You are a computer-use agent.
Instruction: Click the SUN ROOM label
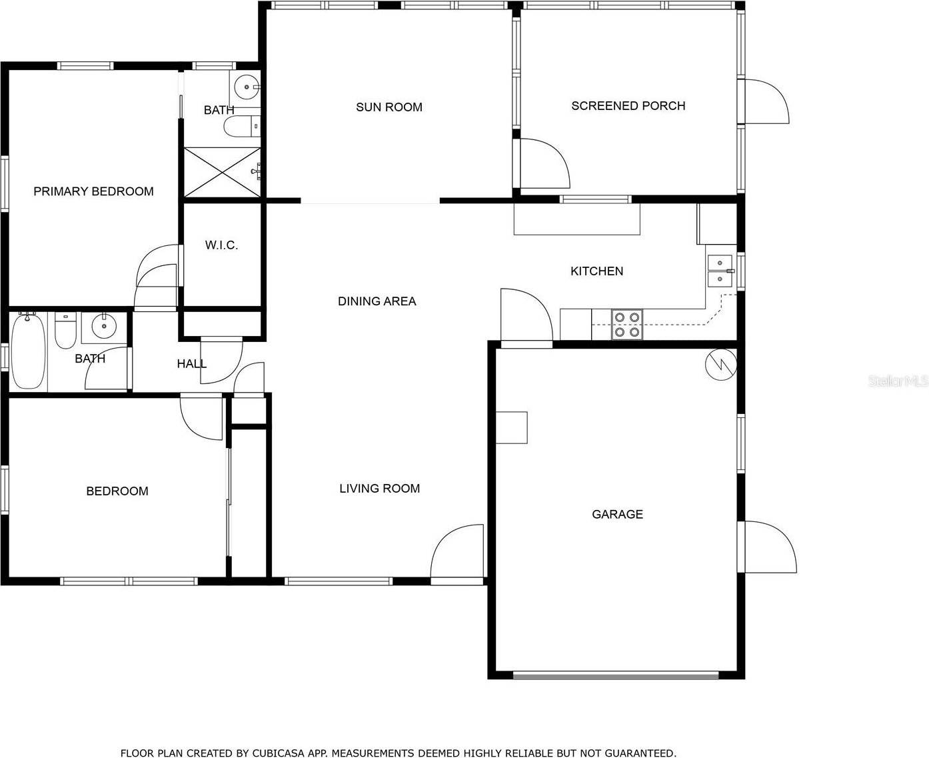[x=389, y=107]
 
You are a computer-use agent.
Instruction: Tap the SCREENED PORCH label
[x=628, y=106]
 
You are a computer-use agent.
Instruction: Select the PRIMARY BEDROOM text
[x=93, y=191]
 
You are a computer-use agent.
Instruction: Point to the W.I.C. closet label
[x=221, y=245]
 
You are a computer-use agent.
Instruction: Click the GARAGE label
[x=617, y=514]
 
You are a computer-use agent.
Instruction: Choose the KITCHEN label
[x=596, y=271]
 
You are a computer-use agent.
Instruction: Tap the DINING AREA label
[x=377, y=301]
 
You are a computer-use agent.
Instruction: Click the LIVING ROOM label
[x=379, y=489]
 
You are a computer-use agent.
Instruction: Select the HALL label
[x=191, y=364]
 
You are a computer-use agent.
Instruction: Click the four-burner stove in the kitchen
[x=626, y=325]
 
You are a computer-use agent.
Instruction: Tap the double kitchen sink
[x=720, y=271]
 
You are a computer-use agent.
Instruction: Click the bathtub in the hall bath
[x=28, y=351]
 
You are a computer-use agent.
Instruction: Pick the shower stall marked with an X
[x=222, y=173]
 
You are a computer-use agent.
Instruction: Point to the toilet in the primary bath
[x=240, y=126]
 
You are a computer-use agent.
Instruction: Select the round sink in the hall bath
[x=103, y=326]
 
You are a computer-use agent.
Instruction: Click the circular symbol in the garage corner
[x=721, y=364]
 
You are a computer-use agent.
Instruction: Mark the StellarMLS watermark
[x=897, y=381]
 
